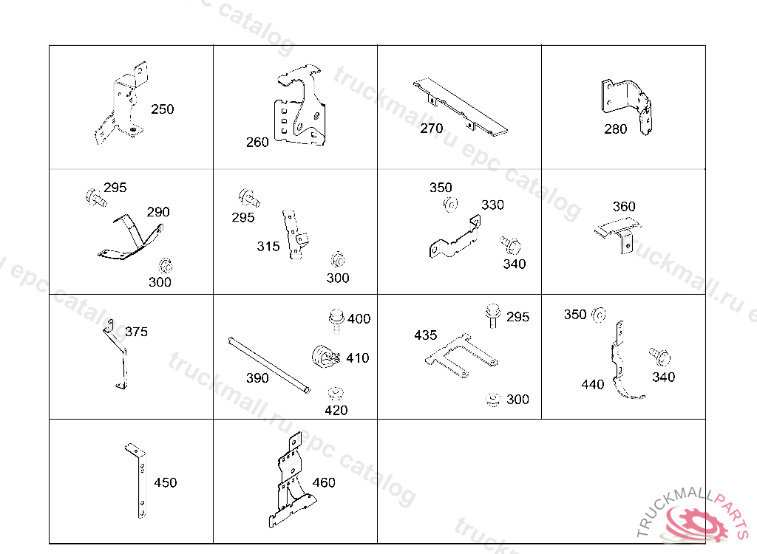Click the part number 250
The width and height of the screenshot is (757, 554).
tap(163, 109)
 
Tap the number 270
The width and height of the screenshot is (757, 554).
tap(432, 129)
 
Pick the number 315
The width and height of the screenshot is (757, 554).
tap(268, 246)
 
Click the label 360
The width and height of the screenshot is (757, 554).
tap(624, 207)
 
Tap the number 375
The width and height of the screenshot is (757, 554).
tap(136, 332)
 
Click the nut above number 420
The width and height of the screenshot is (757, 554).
tap(336, 391)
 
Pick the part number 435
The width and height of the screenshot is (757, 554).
tap(426, 335)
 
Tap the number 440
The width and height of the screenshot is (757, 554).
tap(593, 384)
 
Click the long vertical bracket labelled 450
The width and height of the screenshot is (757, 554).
tap(138, 481)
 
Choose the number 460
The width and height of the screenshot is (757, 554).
tap(324, 482)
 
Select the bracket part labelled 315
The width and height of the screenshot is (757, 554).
tap(296, 233)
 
